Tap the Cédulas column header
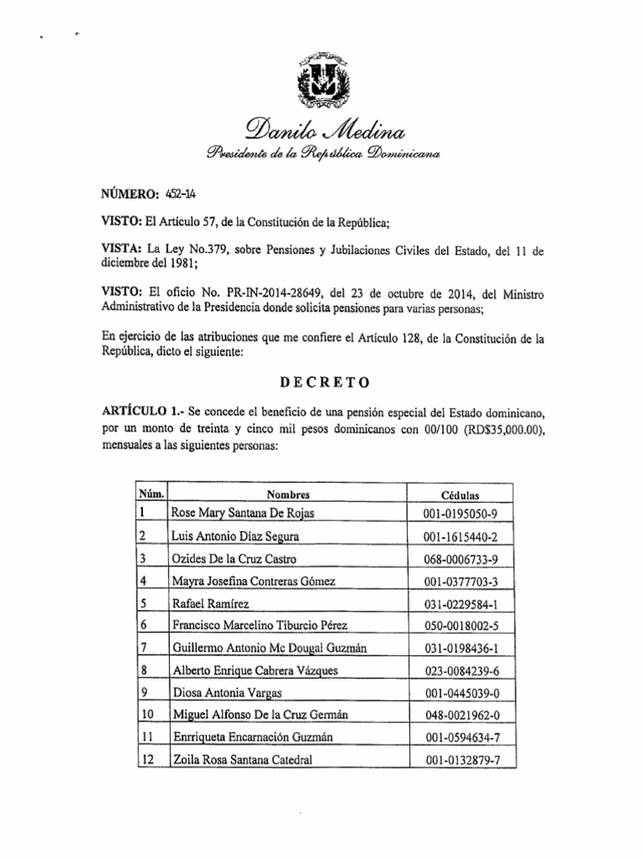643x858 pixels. point(460,495)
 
